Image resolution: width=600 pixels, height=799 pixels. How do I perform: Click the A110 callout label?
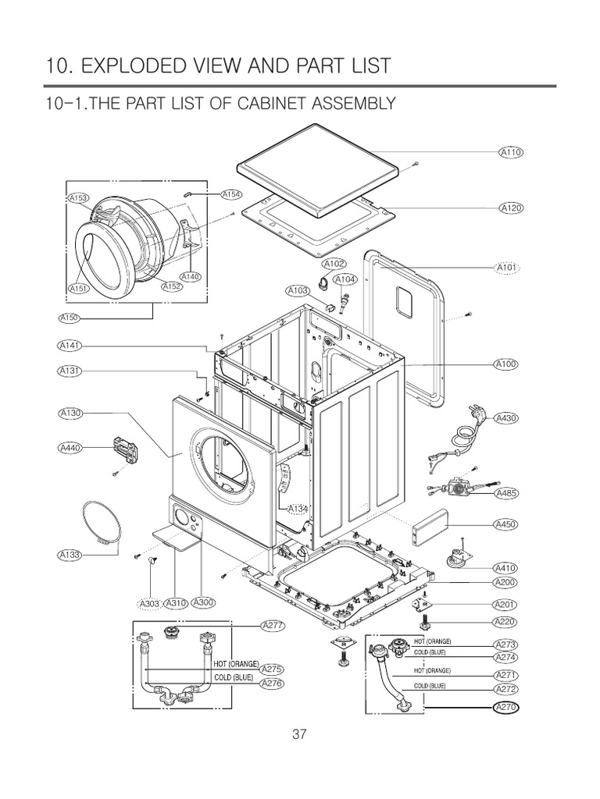pyautogui.click(x=509, y=152)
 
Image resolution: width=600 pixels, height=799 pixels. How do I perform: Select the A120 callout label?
pyautogui.click(x=509, y=208)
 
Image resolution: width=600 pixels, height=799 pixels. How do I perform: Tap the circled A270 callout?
pyautogui.click(x=508, y=708)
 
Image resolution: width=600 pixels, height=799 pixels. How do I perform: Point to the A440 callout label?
pyautogui.click(x=70, y=448)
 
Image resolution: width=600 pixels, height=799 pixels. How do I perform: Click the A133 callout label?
pyautogui.click(x=70, y=555)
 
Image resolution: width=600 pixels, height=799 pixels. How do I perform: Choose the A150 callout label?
pyautogui.click(x=70, y=318)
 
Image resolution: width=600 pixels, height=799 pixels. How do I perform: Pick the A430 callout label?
pyautogui.click(x=508, y=418)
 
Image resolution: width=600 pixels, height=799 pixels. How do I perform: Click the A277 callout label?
pyautogui.click(x=273, y=626)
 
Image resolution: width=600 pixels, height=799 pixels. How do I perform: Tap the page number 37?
pyautogui.click(x=299, y=733)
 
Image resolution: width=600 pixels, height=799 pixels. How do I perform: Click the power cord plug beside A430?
pyautogui.click(x=473, y=411)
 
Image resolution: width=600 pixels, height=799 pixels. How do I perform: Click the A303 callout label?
pyautogui.click(x=149, y=603)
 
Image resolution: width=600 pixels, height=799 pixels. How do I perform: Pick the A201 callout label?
pyautogui.click(x=508, y=605)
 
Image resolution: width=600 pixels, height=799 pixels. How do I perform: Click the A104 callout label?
pyautogui.click(x=345, y=279)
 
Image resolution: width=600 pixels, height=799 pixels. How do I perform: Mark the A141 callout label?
pyautogui.click(x=70, y=345)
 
